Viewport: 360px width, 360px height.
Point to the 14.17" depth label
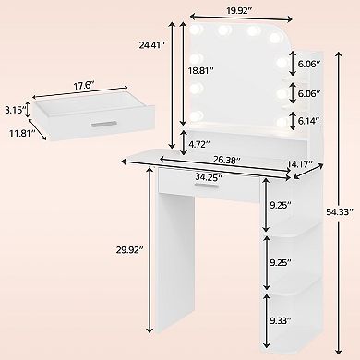pos(298,165)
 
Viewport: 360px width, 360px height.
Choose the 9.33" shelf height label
pos(282,320)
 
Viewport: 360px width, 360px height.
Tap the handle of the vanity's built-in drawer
pos(201,187)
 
